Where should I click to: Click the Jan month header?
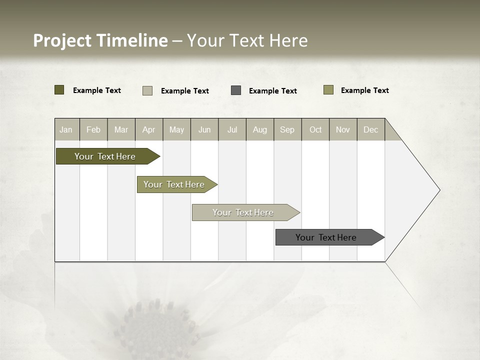point(66,129)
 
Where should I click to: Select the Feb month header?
point(93,129)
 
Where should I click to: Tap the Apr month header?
point(149,129)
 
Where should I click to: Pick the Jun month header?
point(204,129)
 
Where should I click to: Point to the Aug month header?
point(260,129)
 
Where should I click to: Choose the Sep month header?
point(287,129)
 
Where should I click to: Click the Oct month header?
point(315,129)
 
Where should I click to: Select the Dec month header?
point(371,129)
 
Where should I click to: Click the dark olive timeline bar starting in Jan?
point(105,156)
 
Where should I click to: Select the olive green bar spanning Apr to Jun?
point(174,184)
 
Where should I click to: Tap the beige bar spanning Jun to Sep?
point(243,212)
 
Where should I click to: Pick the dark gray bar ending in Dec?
point(326,237)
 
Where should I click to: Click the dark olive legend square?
point(59,90)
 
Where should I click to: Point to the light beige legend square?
point(147,90)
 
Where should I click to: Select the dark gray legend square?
point(236,90)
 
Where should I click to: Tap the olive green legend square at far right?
point(328,90)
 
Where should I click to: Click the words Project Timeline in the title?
point(100,40)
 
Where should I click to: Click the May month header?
point(176,129)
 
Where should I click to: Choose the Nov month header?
point(343,129)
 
